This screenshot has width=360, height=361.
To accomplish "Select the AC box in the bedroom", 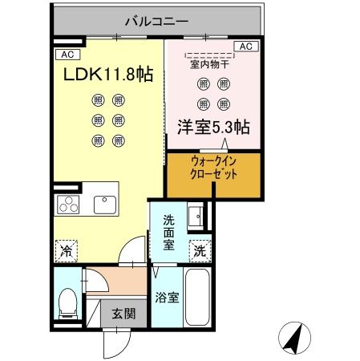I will (x=246, y=47).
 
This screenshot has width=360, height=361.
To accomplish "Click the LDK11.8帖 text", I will (x=108, y=75).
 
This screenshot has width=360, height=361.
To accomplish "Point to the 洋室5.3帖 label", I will (x=212, y=126).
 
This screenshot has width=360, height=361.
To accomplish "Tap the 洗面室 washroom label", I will (x=169, y=232).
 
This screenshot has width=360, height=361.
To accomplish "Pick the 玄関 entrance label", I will (x=123, y=314).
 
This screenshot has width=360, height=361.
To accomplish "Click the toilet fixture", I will (x=69, y=302).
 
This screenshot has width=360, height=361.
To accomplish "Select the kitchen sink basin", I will (x=105, y=204).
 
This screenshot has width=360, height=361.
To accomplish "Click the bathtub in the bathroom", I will (x=197, y=296).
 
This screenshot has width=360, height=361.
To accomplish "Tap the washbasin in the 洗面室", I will (x=195, y=216).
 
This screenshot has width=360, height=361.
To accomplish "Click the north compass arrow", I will (x=295, y=337).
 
